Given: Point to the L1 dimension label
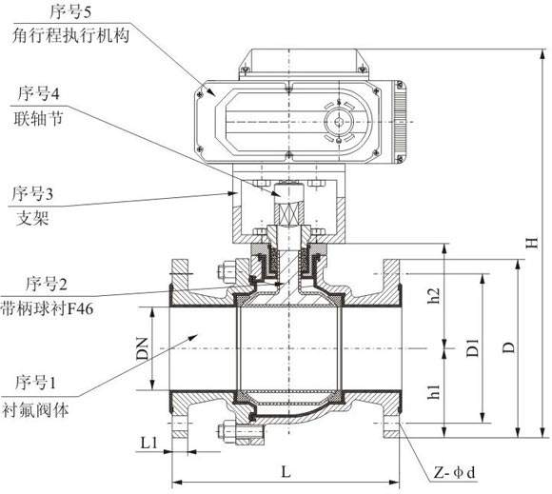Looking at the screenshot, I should click(x=148, y=443).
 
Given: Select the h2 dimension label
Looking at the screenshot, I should click(x=433, y=297).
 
